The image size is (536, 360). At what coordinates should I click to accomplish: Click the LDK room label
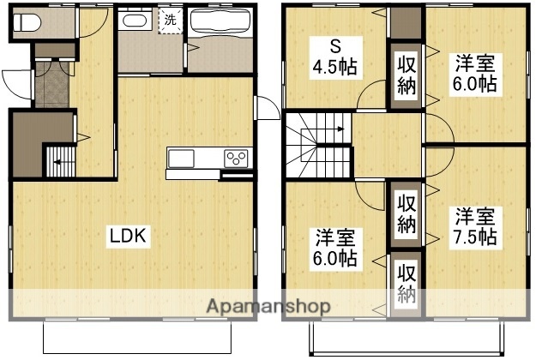coord(129,235)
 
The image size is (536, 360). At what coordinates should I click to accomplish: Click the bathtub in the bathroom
coord(221,25)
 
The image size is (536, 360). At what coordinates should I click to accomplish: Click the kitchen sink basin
coord(183,158)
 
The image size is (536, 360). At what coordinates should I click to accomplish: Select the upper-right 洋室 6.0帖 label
coord(475,73)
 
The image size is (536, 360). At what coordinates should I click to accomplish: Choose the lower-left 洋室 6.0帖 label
coord(335,247)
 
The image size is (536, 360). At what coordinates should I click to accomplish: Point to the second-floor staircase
coord(320,141)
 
